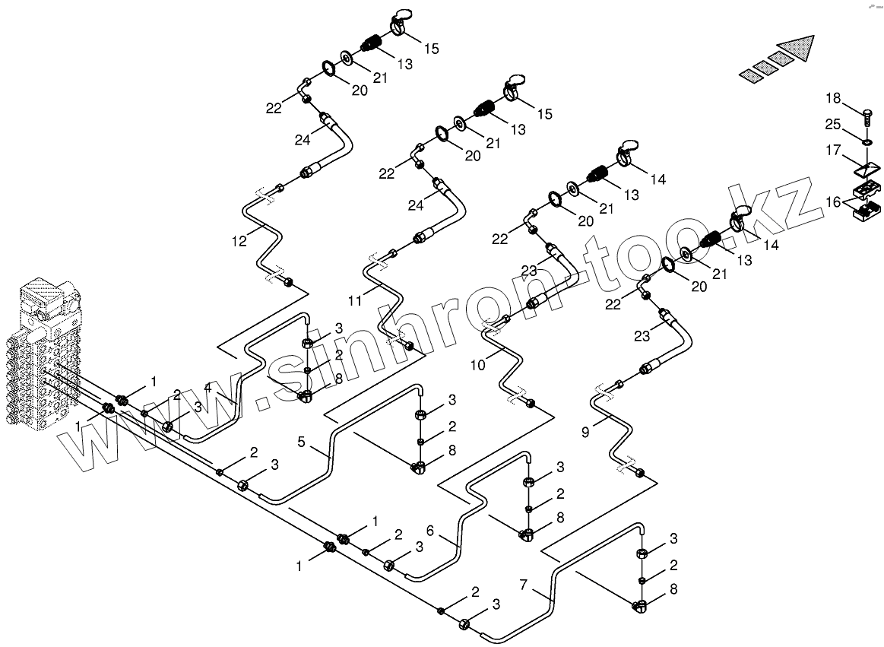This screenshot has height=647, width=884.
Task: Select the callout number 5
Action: pyautogui.click(x=301, y=441)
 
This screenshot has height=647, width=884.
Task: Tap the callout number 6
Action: pyautogui.click(x=430, y=531)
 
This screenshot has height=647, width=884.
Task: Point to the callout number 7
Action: pyautogui.click(x=524, y=585)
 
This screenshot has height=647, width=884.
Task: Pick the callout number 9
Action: pyautogui.click(x=585, y=433)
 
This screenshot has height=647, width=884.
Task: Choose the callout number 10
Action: pyautogui.click(x=477, y=366)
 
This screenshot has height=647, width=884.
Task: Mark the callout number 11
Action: pyautogui.click(x=355, y=300)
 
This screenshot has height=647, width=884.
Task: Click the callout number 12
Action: pyautogui.click(x=239, y=241)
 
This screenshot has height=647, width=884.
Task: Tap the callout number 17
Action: pyautogui.click(x=834, y=151)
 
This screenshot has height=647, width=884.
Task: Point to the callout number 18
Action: pyautogui.click(x=834, y=98)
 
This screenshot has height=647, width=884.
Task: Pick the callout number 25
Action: pyautogui.click(x=834, y=124)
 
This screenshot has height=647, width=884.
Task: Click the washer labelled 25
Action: pyautogui.click(x=866, y=141)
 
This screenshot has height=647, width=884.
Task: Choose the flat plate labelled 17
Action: pyautogui.click(x=867, y=167)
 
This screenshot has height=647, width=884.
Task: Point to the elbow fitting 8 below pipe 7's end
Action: pyautogui.click(x=641, y=606)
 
